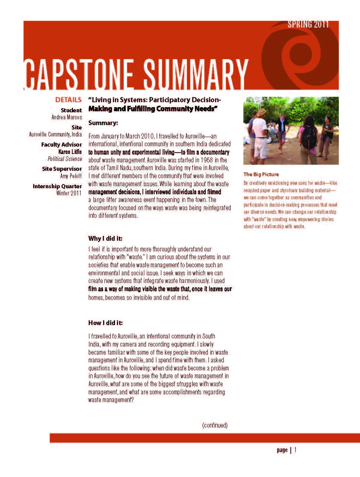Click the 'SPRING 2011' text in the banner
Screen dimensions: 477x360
308,25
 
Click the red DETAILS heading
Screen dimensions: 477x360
68,100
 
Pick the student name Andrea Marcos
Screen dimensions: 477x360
67,117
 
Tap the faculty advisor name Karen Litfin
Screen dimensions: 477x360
70,152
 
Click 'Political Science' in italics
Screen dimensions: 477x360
65,159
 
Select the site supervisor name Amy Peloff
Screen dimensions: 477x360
71,176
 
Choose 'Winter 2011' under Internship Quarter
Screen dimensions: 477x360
69,193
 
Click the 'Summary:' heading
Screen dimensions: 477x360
103,123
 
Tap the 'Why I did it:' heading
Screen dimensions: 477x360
105,239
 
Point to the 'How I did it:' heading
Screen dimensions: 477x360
106,323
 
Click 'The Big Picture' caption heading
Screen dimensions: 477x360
261,174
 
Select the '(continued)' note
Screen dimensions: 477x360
215,425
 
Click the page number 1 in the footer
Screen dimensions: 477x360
295,450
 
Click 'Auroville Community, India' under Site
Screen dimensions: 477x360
55,134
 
